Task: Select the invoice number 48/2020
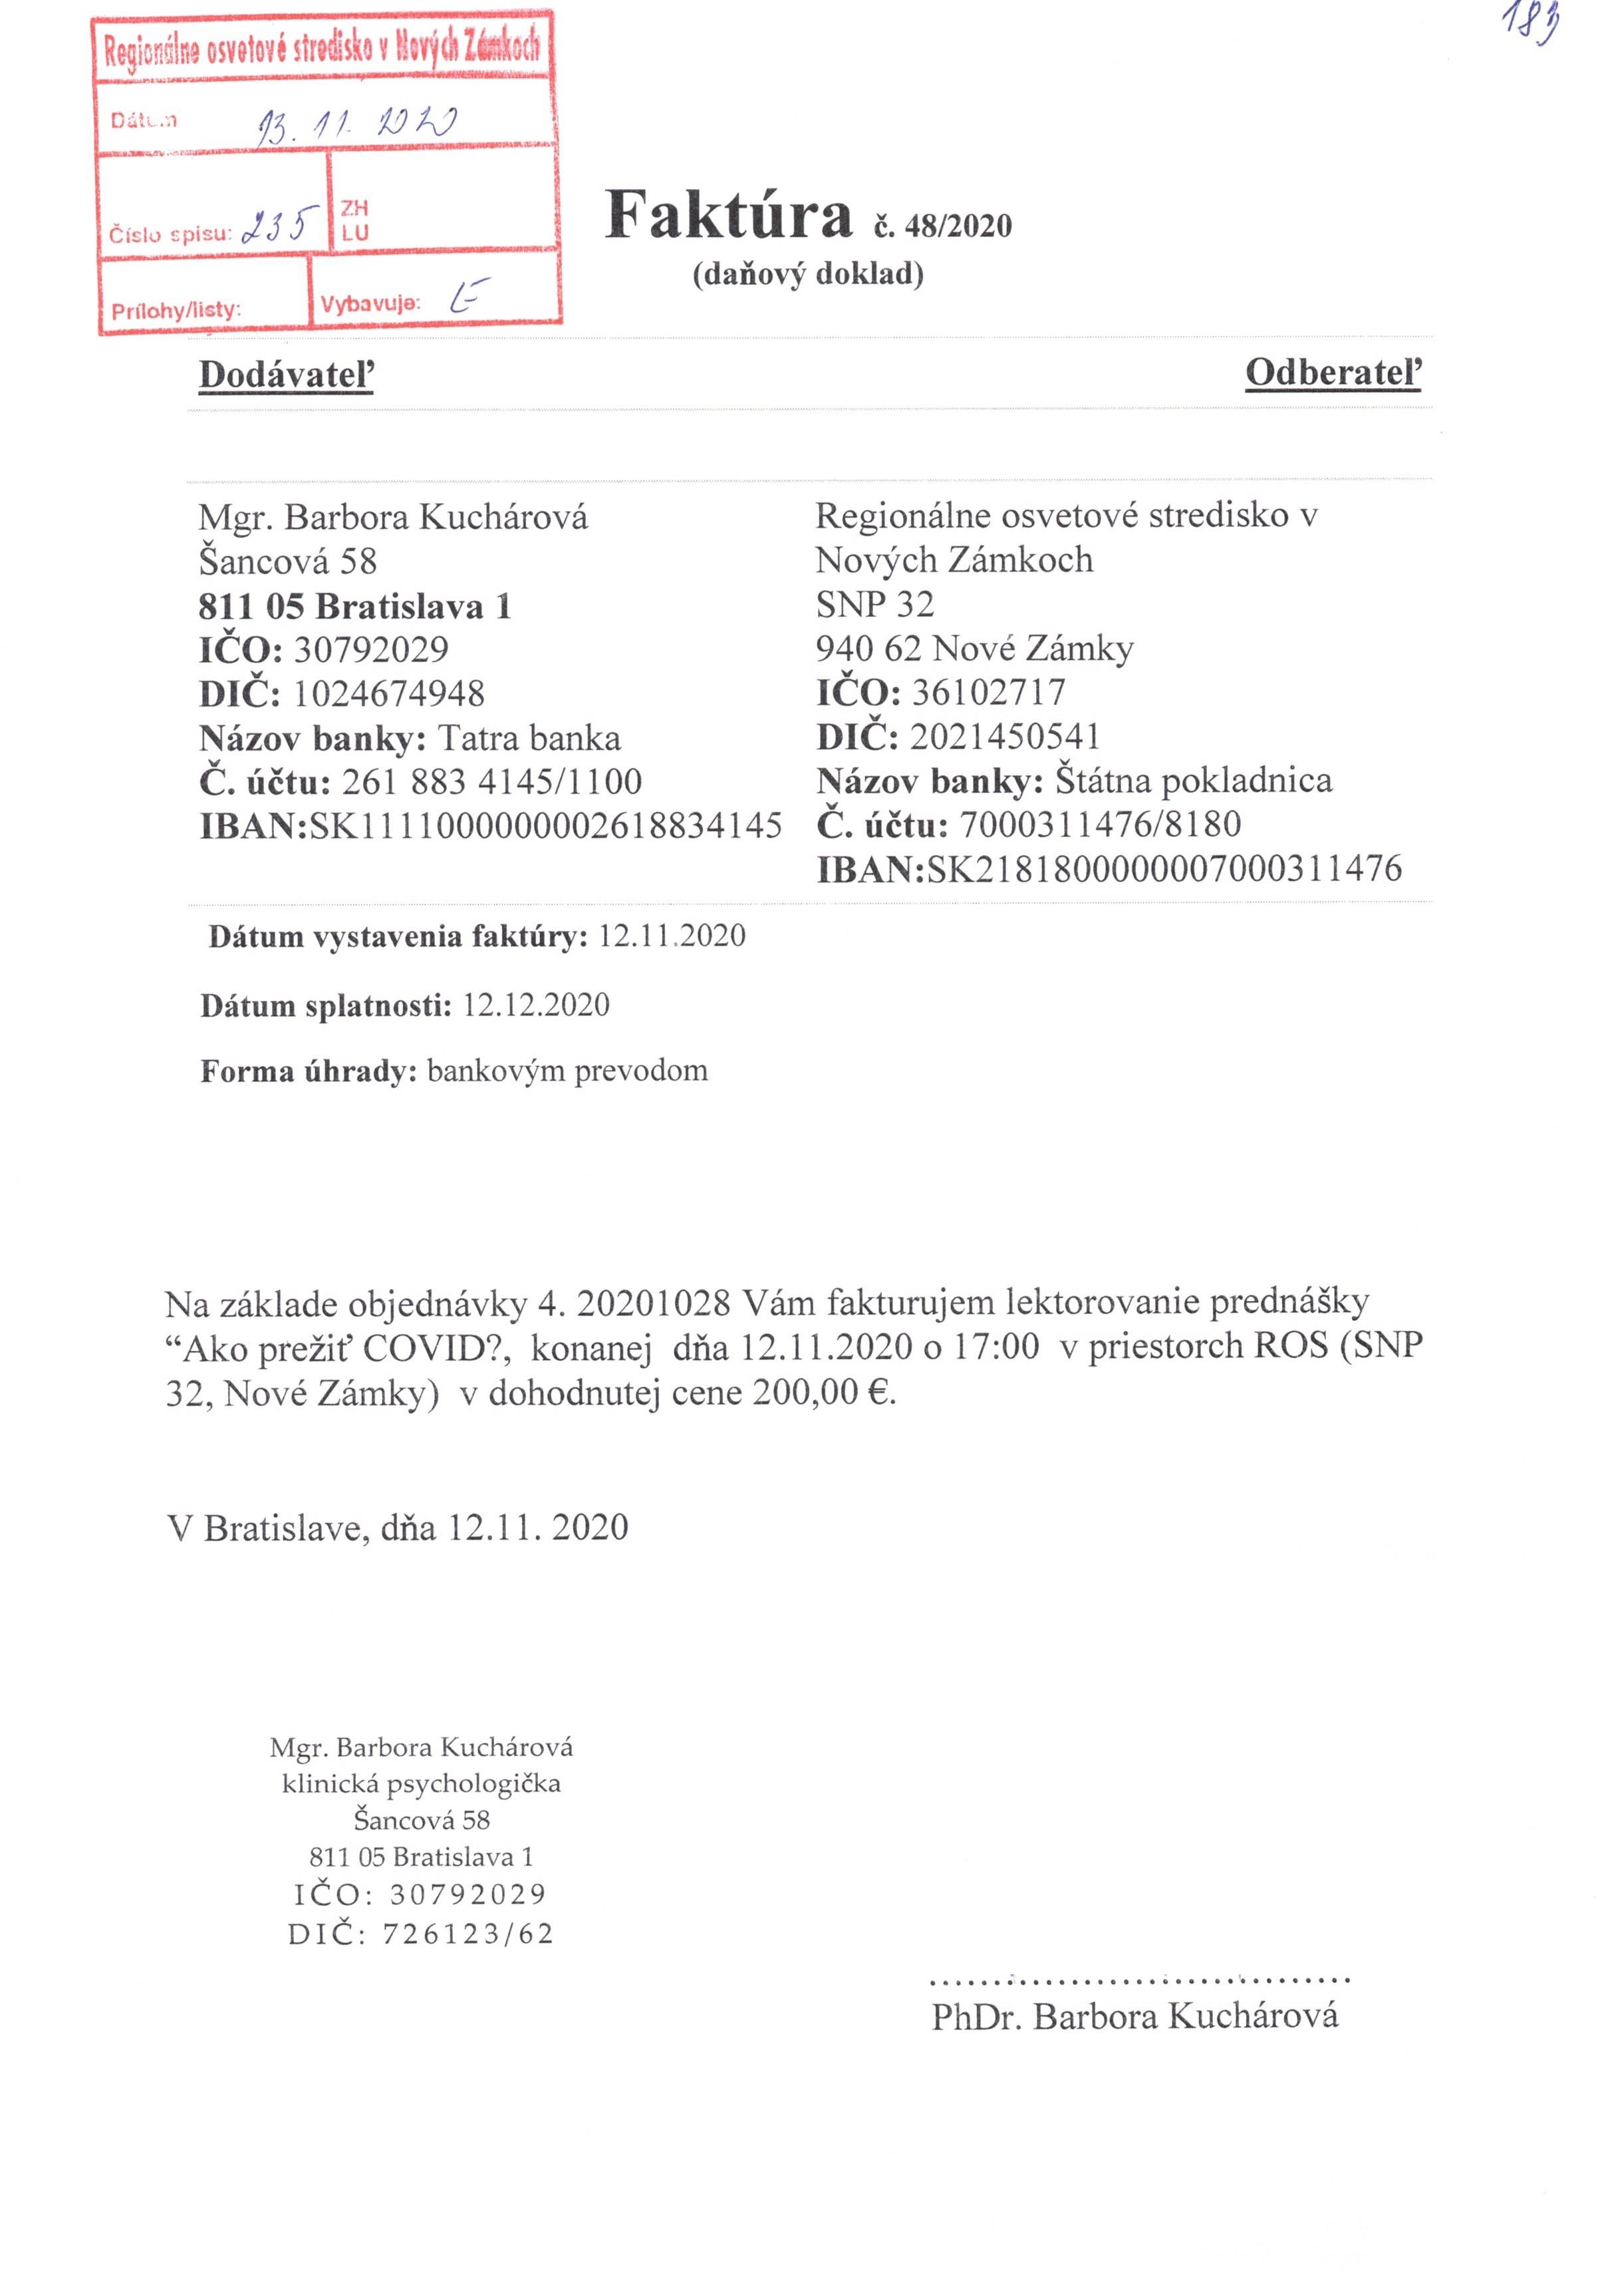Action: click(957, 226)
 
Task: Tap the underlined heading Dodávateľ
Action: click(286, 375)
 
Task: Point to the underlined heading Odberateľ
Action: click(1333, 373)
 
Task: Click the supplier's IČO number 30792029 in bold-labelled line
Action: click(370, 649)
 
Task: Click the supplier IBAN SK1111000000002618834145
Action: click(545, 826)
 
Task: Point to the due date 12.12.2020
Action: click(535, 1004)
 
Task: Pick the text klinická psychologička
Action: click(421, 1784)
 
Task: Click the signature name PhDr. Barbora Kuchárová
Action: click(1135, 2016)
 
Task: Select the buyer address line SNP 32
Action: click(874, 604)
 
